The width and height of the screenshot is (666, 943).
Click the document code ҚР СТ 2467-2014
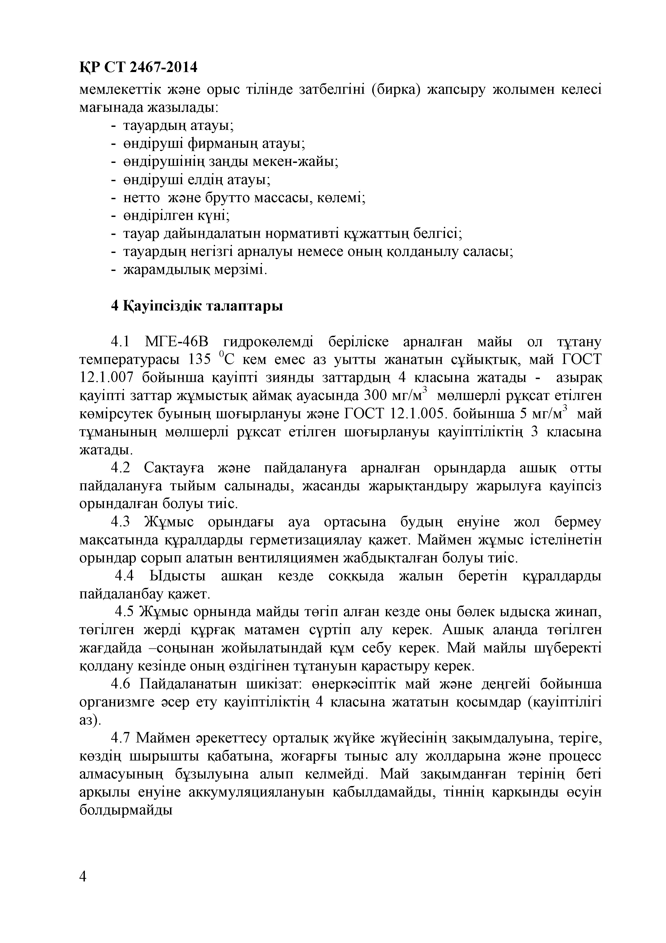pos(138,67)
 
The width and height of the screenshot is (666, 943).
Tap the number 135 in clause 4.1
pos(200,360)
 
